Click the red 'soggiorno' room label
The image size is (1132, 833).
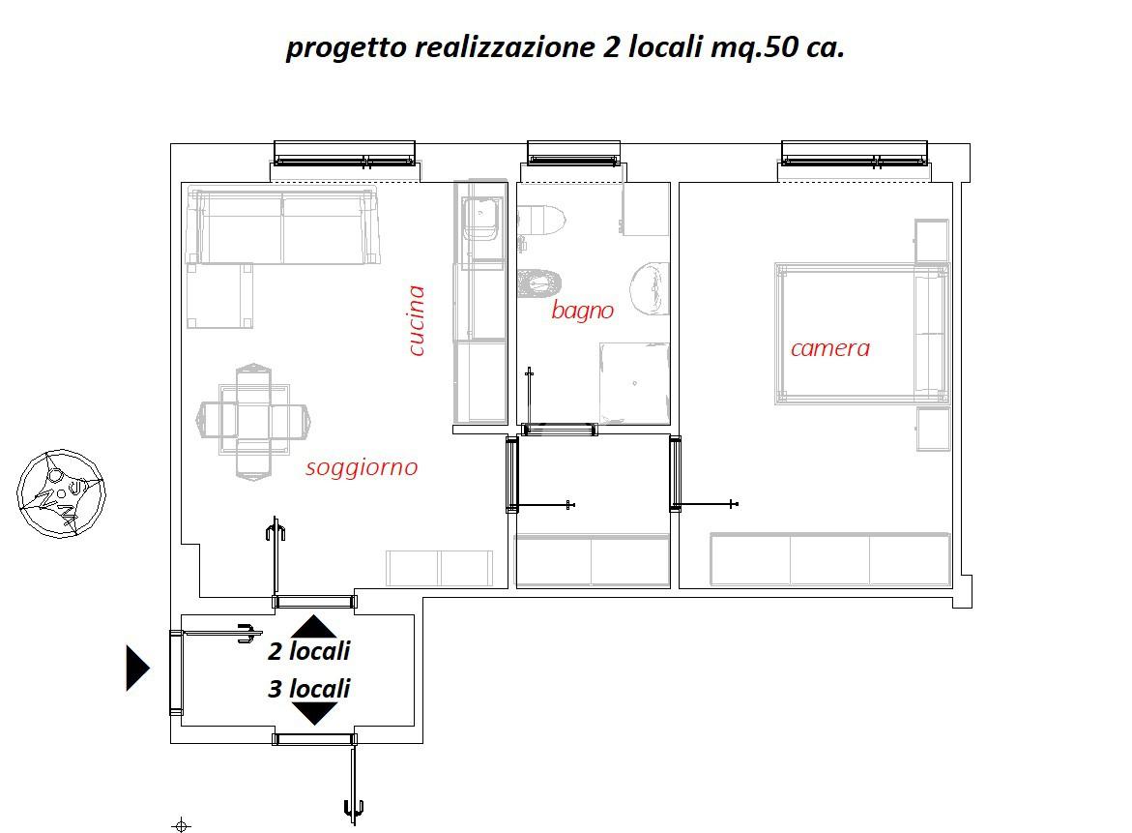pos(362,468)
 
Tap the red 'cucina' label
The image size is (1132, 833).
pos(416,320)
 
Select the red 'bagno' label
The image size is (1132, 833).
pos(582,311)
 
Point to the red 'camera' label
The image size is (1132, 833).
pos(830,348)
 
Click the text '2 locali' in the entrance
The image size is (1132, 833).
pos(309,651)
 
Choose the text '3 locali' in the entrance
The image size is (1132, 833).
pos(309,689)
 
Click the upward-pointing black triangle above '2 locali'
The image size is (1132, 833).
pos(314,626)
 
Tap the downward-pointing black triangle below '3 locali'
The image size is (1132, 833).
pos(314,714)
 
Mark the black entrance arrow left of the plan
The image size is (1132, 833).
pos(136,668)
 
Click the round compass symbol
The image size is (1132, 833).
pos(61,494)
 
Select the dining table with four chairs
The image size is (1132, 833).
pos(253,422)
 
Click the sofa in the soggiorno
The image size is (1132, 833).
pos(282,226)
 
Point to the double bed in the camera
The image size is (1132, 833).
pos(862,333)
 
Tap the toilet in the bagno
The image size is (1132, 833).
pos(541,221)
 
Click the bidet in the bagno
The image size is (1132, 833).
pos(539,283)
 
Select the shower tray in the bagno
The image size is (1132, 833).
pos(634,383)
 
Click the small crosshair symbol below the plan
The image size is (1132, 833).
pos(181,825)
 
